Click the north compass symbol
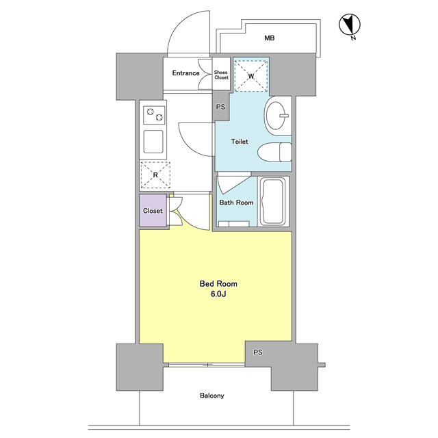pos(350,25)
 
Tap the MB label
pos(269,38)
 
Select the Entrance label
pos(185,73)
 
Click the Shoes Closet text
pos(221,75)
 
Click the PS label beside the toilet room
pos(220,107)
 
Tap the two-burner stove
pos(154,115)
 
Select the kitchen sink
pos(153,142)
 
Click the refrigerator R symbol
pos(155,175)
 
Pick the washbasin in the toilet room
pos(276,116)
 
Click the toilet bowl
pos(274,152)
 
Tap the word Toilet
pos(240,142)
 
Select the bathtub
pos(272,202)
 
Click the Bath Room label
pos(236,203)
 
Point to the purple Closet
pos(153,211)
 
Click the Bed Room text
pos(218,284)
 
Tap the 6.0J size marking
pos(218,294)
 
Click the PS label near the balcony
pos(258,352)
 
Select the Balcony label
pos(212,396)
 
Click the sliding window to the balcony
pos(207,365)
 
